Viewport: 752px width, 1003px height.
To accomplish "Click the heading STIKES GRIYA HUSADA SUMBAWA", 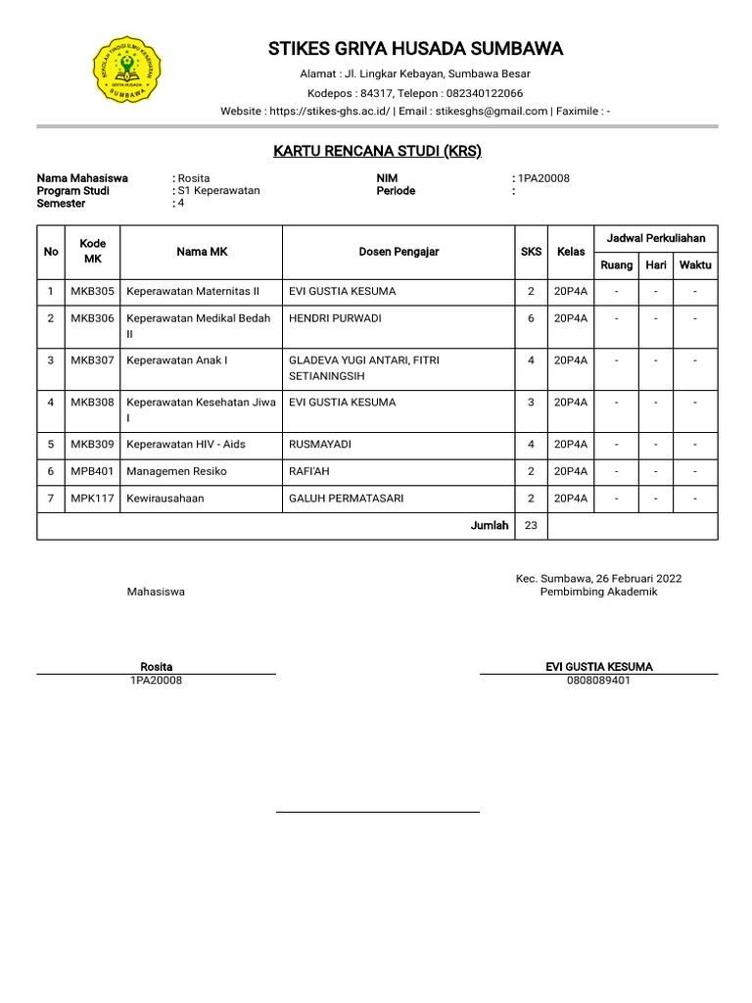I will tap(416, 49).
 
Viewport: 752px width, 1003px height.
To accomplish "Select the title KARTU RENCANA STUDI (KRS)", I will tap(377, 151).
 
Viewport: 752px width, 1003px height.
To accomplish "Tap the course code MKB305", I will tap(92, 291).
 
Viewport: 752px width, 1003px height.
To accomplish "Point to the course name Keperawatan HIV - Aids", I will tap(186, 444).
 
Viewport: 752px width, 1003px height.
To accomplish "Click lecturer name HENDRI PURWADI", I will tap(335, 318).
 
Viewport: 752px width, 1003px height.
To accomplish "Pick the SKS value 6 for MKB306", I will tap(531, 318).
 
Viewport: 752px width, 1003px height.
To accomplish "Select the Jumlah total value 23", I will tap(531, 525).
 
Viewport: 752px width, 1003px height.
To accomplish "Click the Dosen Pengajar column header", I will tap(399, 252).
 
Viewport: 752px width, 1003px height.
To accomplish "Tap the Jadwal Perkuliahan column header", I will tap(656, 238).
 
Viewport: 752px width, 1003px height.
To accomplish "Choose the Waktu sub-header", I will tap(695, 265).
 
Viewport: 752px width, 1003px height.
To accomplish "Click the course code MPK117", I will tap(92, 499).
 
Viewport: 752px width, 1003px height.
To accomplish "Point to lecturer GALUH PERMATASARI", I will tap(346, 499).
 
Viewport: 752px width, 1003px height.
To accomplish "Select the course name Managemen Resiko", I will tap(176, 471).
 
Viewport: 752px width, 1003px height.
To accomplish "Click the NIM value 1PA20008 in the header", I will tap(543, 178).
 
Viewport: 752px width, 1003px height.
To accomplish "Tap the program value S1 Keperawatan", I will tap(219, 190).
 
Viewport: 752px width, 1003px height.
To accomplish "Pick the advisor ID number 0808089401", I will tap(598, 680).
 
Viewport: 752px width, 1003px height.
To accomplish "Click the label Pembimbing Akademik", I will tap(598, 592).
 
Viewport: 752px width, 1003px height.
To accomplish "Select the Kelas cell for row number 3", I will tap(571, 359).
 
